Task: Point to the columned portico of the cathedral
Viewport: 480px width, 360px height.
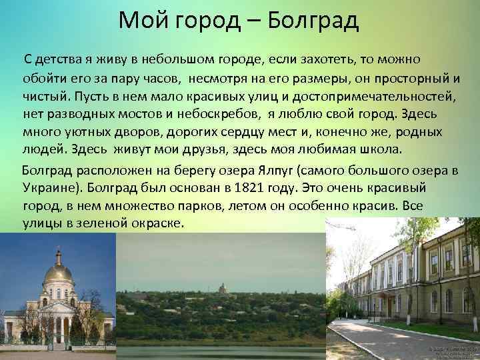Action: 53,324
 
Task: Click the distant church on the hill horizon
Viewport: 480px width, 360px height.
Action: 223,287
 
